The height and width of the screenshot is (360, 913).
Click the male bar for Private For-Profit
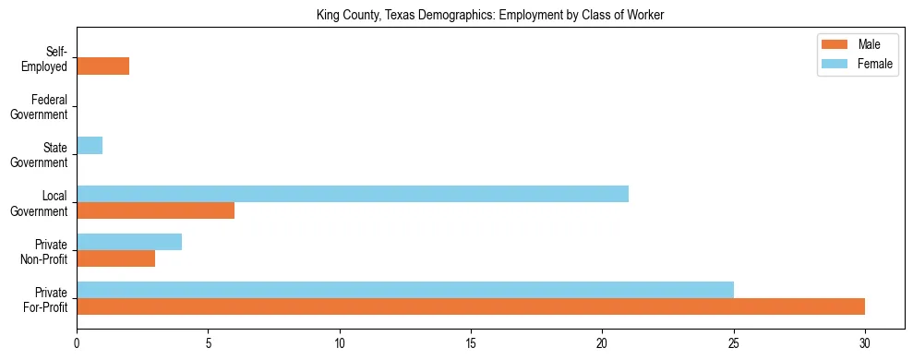471,306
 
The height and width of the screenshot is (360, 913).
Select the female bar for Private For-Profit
405,290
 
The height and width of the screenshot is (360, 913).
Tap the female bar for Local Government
353,194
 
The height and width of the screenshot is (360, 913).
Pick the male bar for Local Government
155,210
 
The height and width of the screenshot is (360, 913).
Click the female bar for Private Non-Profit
129,242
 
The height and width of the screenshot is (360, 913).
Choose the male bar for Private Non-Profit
115,258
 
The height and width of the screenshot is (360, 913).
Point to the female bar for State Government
90,146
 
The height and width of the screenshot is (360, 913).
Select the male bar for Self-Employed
102,66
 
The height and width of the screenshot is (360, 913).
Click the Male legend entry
869,45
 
